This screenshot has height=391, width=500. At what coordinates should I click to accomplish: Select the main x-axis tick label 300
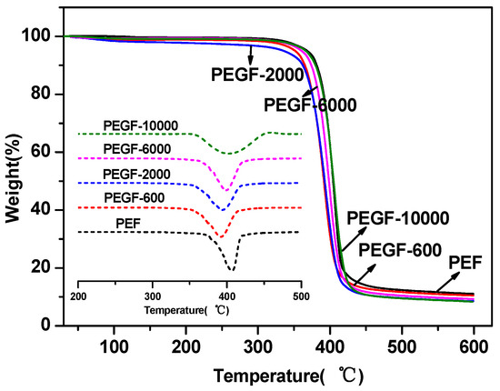coord(258,346)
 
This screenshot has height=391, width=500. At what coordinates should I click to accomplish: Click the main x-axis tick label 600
coord(474,346)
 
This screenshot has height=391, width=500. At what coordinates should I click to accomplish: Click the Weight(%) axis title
coord(14,177)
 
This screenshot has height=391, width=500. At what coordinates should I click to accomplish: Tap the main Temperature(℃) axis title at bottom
coord(288,376)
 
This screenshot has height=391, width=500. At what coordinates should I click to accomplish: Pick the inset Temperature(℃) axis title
coord(186,310)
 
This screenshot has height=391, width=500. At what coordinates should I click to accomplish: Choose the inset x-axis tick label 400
coord(226,296)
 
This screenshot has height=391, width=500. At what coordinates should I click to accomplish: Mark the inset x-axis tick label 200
coord(78,296)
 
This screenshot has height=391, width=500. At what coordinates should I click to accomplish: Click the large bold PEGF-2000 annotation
coord(257,75)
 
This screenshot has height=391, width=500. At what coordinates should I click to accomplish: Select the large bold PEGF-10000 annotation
coord(398,218)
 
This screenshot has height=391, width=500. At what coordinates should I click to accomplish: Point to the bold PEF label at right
coord(465,263)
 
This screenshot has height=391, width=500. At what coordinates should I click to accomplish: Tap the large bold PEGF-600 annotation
coord(400,250)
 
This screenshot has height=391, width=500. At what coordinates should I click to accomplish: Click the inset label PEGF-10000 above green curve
coord(141,126)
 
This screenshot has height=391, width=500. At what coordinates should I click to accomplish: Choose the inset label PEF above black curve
coord(128,224)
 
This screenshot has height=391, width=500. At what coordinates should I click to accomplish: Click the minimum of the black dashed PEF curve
coord(232,271)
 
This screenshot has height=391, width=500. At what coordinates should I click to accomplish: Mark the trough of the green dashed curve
coord(228,154)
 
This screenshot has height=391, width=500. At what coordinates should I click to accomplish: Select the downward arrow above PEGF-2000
coord(251,55)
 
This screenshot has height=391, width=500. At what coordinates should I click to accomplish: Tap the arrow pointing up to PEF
coord(448,282)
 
